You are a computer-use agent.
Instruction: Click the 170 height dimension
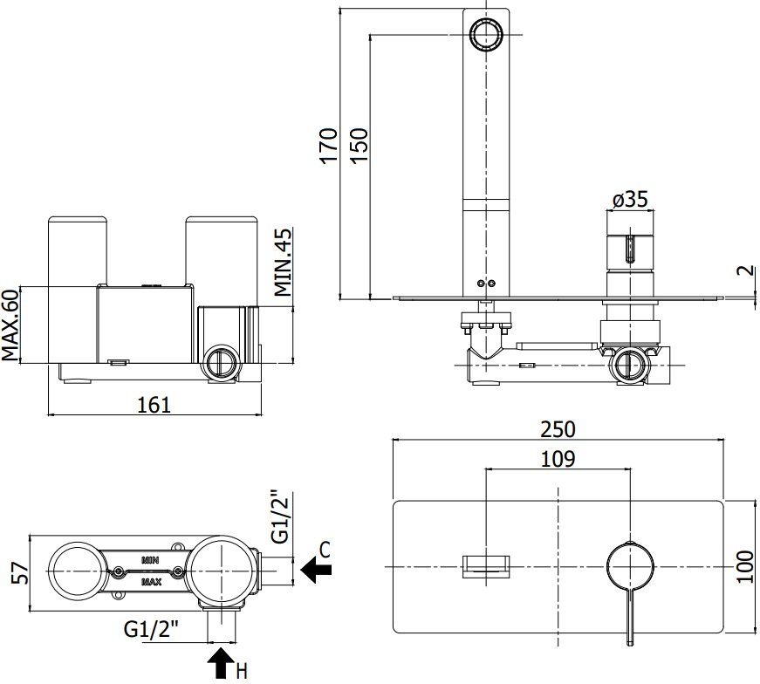pyautogui.click(x=328, y=146)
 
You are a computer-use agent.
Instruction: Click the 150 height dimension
pyautogui.click(x=359, y=146)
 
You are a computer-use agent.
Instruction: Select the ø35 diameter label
pyautogui.click(x=630, y=200)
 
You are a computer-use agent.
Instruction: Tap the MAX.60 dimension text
pyautogui.click(x=10, y=325)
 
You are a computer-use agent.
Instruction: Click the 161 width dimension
pyautogui.click(x=154, y=404)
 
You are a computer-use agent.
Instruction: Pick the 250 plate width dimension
pyautogui.click(x=558, y=429)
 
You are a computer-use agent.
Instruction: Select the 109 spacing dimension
pyautogui.click(x=558, y=459)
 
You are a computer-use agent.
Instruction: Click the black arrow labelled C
pyautogui.click(x=316, y=570)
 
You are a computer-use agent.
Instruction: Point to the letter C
pyautogui.click(x=325, y=550)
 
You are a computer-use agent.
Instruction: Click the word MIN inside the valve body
pyautogui.click(x=149, y=557)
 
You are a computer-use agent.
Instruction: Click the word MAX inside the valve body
pyautogui.click(x=149, y=580)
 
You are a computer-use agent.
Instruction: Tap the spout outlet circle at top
pyautogui.click(x=485, y=34)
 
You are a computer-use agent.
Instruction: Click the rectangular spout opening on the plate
pyautogui.click(x=487, y=565)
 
